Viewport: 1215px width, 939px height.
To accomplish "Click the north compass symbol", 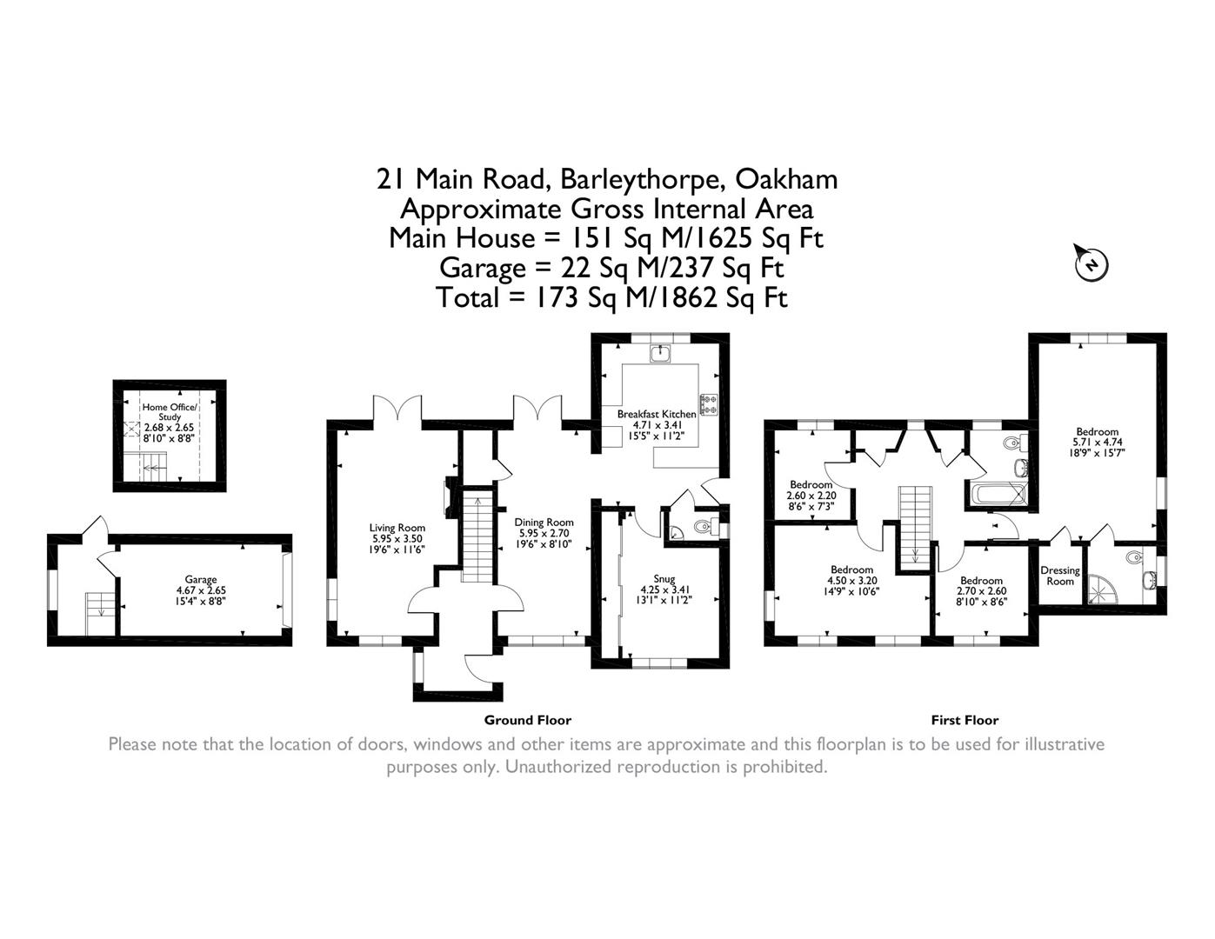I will click(1091, 263).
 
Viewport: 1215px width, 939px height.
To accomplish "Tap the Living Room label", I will click(397, 528).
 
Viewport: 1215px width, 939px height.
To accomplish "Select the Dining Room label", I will click(544, 523).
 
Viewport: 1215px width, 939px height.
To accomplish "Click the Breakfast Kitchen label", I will click(657, 414).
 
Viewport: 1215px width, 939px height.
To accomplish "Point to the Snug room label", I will click(664, 577).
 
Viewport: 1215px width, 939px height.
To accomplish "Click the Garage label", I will click(200, 579).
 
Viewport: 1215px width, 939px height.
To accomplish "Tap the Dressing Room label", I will click(1059, 576).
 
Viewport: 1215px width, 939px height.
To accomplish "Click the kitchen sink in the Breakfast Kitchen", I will click(662, 353).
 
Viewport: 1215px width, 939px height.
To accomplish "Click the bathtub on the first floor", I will click(997, 496).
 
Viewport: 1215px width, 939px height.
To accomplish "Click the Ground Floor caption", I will click(527, 720).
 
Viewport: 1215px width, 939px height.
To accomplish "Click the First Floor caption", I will click(965, 720).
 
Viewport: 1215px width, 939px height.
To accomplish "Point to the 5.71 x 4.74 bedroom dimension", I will click(1097, 442).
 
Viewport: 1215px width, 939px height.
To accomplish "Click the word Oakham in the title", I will click(786, 179).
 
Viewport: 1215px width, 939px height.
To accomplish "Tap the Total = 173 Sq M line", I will click(611, 297).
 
